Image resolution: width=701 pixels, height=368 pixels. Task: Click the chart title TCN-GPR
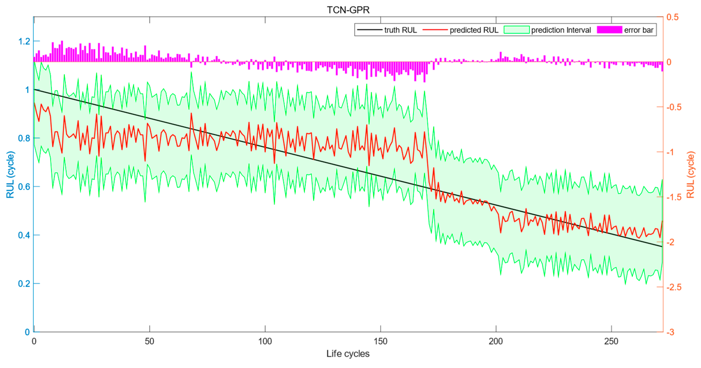pyautogui.click(x=348, y=10)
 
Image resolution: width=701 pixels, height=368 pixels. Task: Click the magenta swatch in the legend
pyautogui.click(x=609, y=30)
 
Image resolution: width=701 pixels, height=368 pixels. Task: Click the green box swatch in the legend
pyautogui.click(x=517, y=30)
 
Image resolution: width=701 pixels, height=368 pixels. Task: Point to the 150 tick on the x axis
pyautogui.click(x=380, y=341)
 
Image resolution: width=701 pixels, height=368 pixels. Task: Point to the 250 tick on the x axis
pyautogui.click(x=611, y=341)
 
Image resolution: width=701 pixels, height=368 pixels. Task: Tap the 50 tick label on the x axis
pyautogui.click(x=149, y=341)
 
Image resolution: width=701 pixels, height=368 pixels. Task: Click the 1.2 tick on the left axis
pyautogui.click(x=24, y=41)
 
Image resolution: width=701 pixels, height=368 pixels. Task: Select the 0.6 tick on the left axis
pyautogui.click(x=24, y=187)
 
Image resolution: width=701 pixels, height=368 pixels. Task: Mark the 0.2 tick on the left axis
pyautogui.click(x=24, y=284)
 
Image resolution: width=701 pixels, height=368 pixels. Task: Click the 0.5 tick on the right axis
pyautogui.click(x=672, y=17)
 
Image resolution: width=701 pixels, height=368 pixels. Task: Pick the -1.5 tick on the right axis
pyautogui.click(x=674, y=197)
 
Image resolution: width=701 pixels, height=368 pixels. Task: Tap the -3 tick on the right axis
pyautogui.click(x=671, y=332)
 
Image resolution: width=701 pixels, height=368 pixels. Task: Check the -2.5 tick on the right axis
pyautogui.click(x=674, y=287)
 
